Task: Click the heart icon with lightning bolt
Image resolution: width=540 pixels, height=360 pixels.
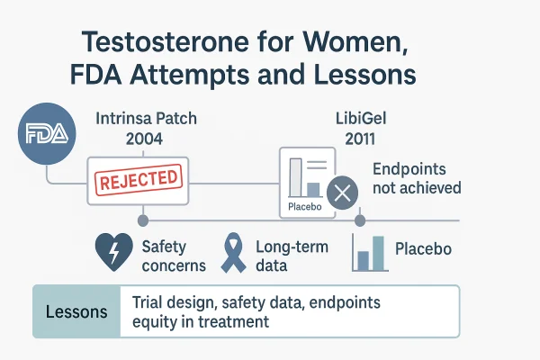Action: (x=114, y=253)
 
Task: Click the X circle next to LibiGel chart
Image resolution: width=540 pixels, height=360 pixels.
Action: (x=342, y=193)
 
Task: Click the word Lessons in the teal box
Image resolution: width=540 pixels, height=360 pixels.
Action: (x=76, y=311)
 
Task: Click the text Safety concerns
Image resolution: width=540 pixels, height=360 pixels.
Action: (x=173, y=255)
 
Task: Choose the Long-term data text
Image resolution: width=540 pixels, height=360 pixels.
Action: (x=292, y=255)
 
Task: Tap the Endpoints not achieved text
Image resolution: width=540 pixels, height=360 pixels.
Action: (x=417, y=177)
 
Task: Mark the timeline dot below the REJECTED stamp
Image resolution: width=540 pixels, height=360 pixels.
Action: (x=142, y=220)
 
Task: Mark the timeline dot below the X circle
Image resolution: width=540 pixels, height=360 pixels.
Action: (x=359, y=220)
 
